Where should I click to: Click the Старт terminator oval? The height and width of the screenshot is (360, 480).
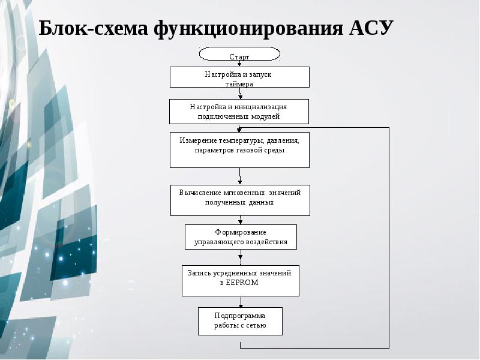tap(239, 55)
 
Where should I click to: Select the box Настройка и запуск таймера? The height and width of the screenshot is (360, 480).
tap(239, 77)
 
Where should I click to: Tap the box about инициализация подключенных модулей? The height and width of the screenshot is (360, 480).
tap(239, 112)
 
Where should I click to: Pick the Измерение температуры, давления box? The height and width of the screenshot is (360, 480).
tap(239, 149)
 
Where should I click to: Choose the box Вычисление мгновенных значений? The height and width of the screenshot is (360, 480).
tap(240, 200)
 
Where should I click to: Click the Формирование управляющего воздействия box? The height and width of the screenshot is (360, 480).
tap(241, 237)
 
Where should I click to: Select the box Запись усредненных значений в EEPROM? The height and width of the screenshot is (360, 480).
tap(240, 280)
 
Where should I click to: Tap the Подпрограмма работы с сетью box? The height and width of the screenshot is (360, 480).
tap(240, 321)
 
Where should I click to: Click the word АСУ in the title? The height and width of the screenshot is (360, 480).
tap(371, 28)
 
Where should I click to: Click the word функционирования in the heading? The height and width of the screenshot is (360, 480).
tap(247, 28)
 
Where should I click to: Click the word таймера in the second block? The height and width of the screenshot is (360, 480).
tap(239, 84)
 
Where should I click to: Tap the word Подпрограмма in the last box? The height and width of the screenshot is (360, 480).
tap(240, 316)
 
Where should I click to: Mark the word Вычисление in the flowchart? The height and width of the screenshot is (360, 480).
tap(199, 193)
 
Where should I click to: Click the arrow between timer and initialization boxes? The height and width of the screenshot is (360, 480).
tap(240, 94)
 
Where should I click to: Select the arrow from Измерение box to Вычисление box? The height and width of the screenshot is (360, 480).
tap(240, 176)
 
